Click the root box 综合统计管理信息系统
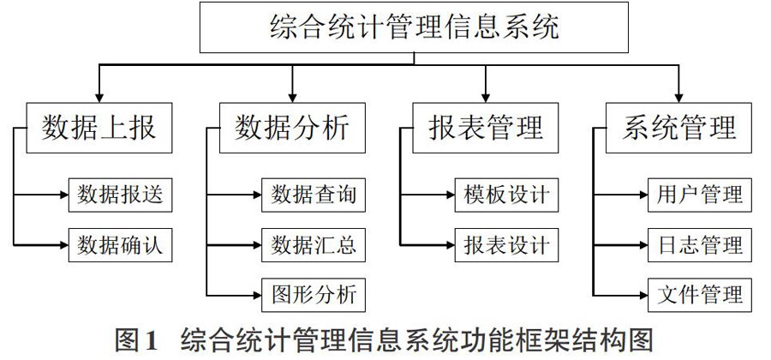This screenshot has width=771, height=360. coord(414,27)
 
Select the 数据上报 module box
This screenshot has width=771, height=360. coord(99,128)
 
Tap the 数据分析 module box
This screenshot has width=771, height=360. coord(293,128)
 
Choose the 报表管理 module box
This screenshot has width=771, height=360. coord(486,128)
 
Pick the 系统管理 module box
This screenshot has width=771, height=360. coord(678,128)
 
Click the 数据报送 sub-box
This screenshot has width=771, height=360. coord(121,195)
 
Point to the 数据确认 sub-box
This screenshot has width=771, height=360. coord(121,245)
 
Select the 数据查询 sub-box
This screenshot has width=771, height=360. coord(314,195)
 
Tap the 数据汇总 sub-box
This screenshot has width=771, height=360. coord(314,245)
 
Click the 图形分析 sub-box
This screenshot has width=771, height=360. coord(314,295)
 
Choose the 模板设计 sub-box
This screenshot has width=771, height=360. coord(506,195)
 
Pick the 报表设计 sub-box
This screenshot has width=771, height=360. coord(506,245)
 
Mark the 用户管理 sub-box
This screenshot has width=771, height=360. coord(700,195)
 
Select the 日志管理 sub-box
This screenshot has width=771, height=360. coord(700,245)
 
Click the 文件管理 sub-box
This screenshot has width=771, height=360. coord(700,295)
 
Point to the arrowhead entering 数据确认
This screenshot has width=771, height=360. coord(64,244)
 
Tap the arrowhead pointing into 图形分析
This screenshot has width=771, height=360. coord(257,295)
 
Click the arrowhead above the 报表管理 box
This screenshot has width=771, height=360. coord(486,98)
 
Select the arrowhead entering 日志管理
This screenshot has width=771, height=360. coord(643,244)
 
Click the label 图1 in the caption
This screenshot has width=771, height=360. coord(135,340)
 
